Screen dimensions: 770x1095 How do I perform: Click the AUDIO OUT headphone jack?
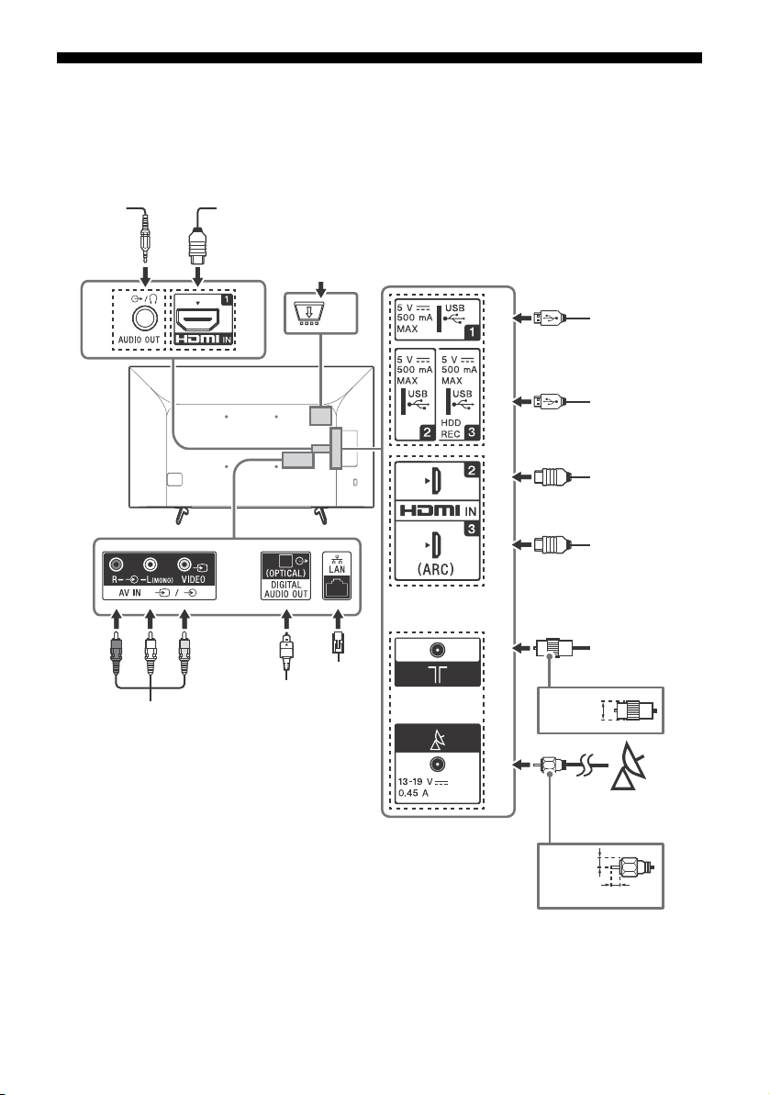click(x=144, y=318)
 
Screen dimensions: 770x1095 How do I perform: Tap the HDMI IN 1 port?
click(x=198, y=319)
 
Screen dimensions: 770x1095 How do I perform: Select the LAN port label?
click(x=337, y=569)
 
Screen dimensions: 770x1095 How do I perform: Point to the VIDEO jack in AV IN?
click(x=184, y=564)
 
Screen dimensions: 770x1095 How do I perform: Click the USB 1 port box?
click(x=437, y=318)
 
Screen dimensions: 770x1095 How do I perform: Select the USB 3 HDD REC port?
click(x=460, y=396)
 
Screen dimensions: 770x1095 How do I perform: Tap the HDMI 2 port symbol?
click(x=433, y=481)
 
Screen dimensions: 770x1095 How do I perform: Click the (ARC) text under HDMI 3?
click(x=435, y=568)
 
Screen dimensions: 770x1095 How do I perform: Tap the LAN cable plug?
click(x=338, y=642)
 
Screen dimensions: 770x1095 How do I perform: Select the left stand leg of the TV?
click(x=181, y=514)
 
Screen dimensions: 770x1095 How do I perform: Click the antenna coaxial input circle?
click(x=438, y=650)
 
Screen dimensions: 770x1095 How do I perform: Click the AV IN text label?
click(x=128, y=593)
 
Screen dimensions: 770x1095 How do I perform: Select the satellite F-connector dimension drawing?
click(x=625, y=868)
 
